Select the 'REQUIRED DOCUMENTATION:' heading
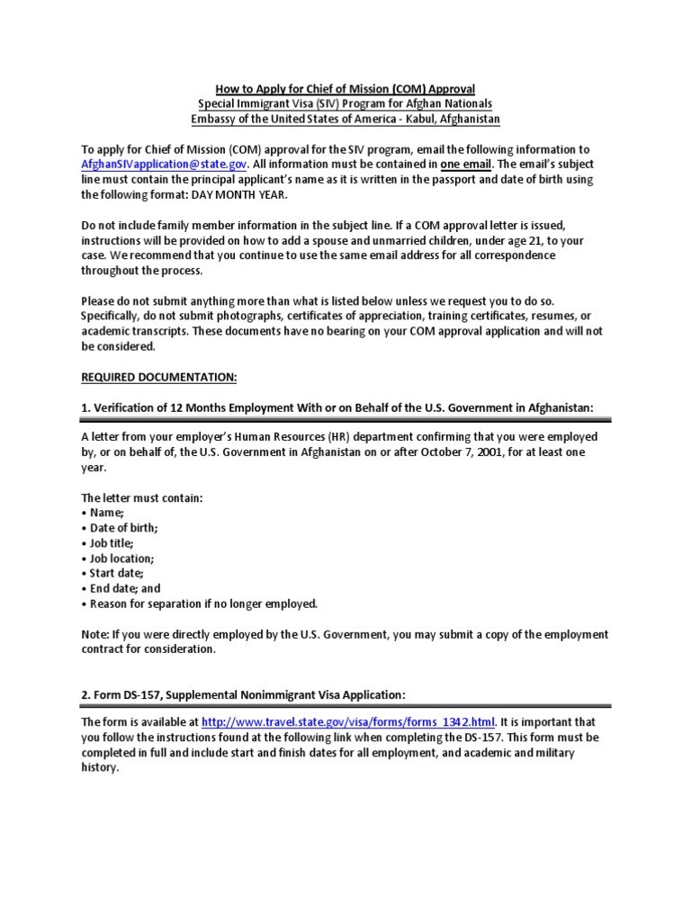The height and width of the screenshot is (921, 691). click(x=159, y=377)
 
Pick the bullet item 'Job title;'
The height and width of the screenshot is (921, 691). click(x=109, y=543)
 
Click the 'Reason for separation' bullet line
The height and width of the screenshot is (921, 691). click(x=199, y=604)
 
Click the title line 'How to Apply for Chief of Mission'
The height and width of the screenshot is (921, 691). click(x=345, y=89)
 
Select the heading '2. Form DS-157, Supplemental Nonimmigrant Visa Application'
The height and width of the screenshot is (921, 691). click(x=244, y=694)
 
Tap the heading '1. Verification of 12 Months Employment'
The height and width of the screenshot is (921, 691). click(x=337, y=407)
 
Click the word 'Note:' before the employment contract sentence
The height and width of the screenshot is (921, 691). click(x=96, y=634)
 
